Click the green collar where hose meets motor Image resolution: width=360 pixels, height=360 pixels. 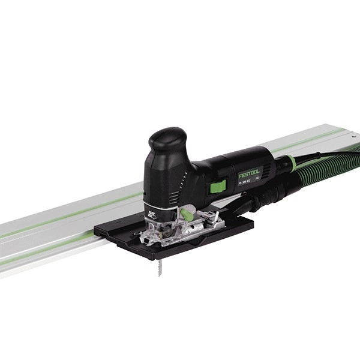287,160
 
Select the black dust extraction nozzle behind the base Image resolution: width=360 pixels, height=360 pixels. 240,207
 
